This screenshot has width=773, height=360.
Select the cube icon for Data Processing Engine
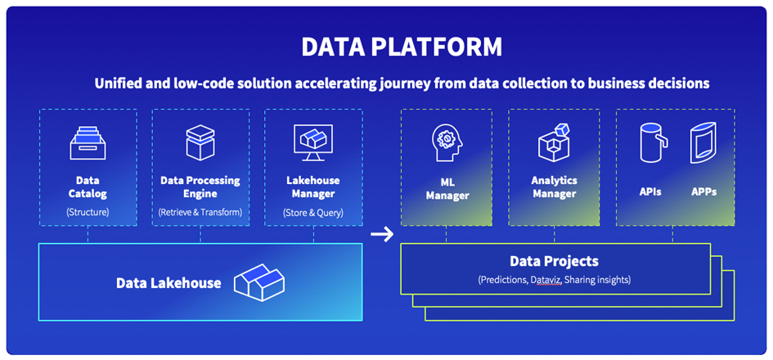(200, 142)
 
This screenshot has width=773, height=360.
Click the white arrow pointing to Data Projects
(381, 236)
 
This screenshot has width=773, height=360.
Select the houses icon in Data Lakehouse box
(258, 282)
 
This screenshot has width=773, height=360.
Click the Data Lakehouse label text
(169, 283)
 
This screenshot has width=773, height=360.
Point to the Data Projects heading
(554, 262)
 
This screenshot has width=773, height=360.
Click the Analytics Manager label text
(554, 187)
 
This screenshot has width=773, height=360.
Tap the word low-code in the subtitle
(190, 83)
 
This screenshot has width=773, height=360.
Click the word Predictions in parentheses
(506, 280)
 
